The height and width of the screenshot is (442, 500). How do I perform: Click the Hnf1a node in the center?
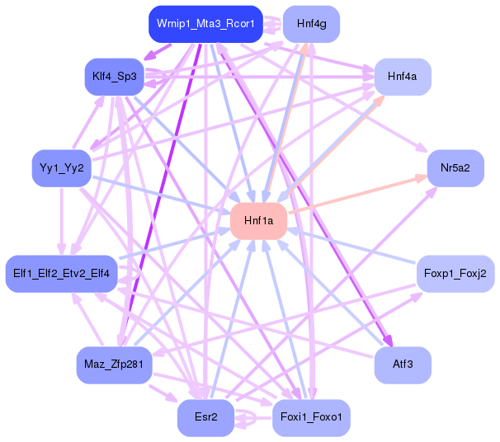[x=258, y=221]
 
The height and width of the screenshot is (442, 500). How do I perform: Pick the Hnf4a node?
[x=402, y=76]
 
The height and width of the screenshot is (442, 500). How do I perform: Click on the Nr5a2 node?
[x=455, y=168]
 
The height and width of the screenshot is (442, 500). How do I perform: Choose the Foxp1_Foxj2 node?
[x=455, y=273]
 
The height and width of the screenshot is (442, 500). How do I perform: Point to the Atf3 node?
[x=403, y=364]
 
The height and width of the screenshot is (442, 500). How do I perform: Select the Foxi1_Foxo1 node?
[x=311, y=418]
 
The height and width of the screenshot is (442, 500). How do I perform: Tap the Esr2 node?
[x=205, y=418]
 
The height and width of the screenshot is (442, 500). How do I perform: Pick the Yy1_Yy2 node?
[x=60, y=168]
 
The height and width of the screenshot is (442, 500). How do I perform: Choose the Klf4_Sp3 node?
[x=114, y=77]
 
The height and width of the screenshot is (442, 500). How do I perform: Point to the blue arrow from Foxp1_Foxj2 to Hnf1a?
[x=355, y=247]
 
